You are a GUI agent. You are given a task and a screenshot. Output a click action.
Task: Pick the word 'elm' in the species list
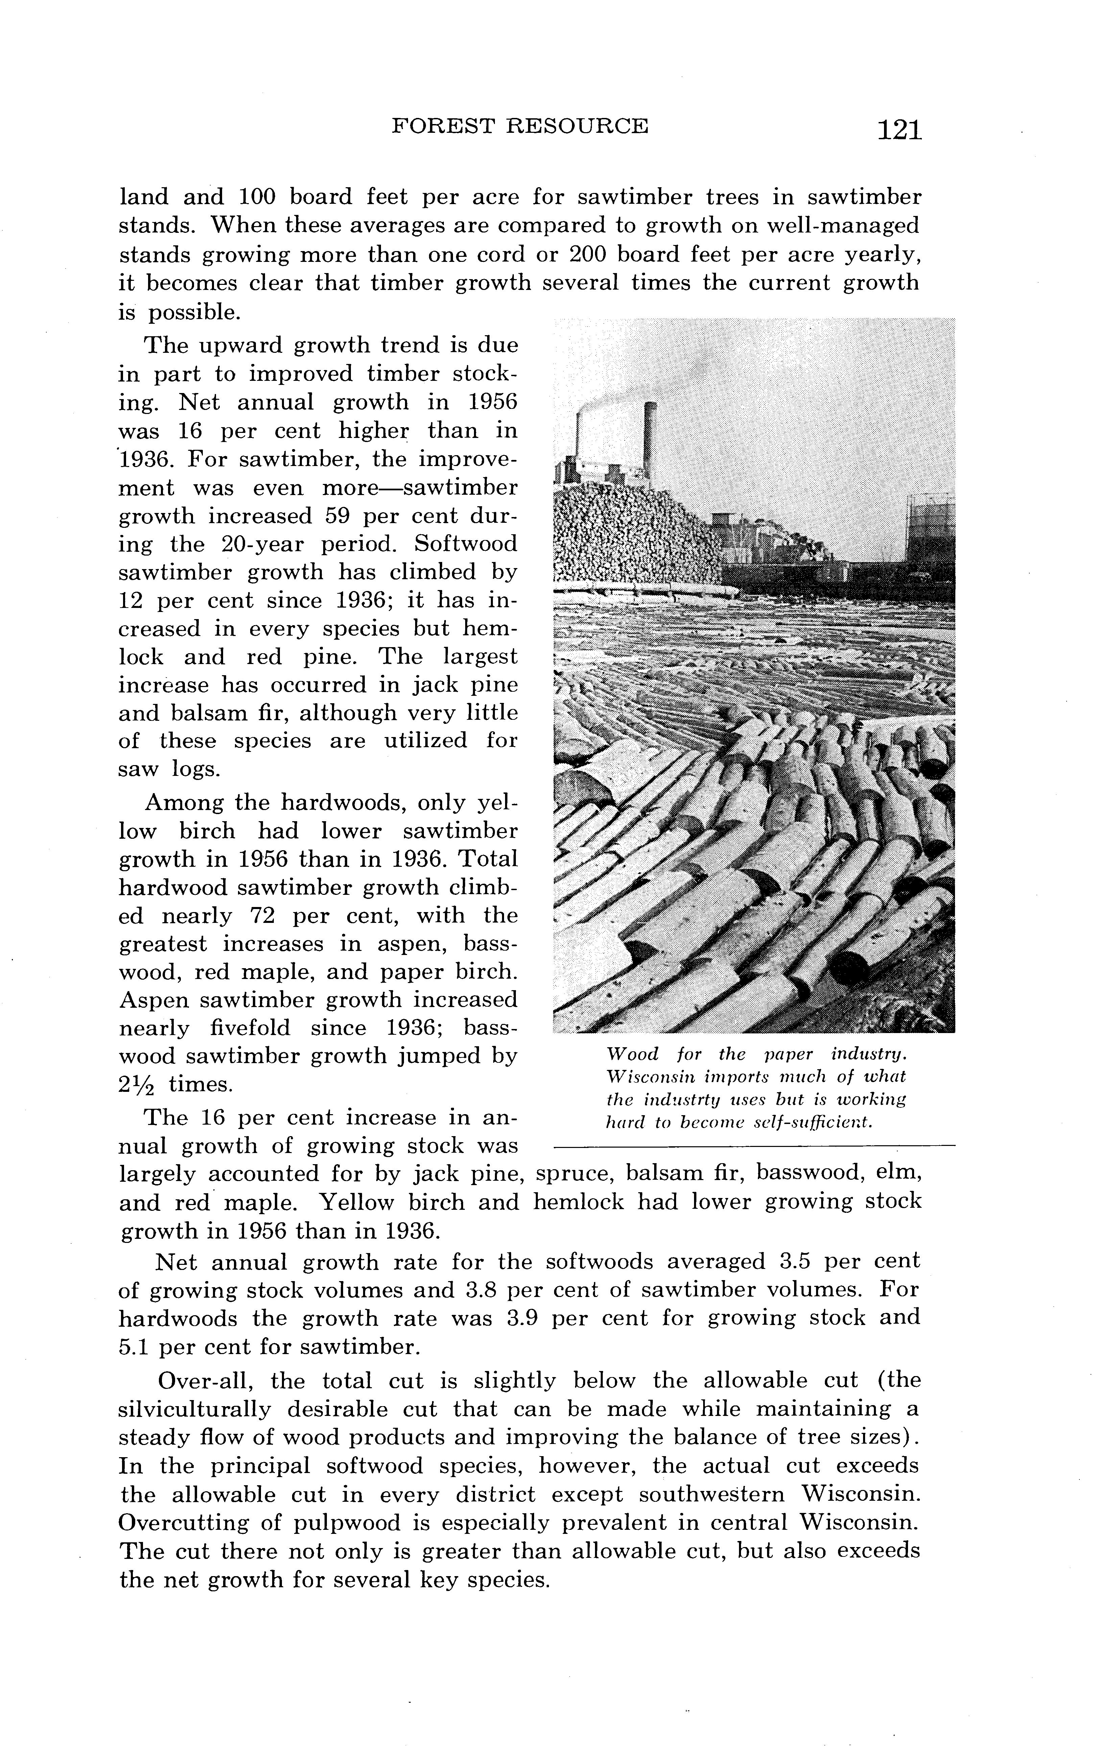coord(899,1174)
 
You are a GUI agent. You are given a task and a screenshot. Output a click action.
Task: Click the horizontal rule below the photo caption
coord(754,1146)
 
